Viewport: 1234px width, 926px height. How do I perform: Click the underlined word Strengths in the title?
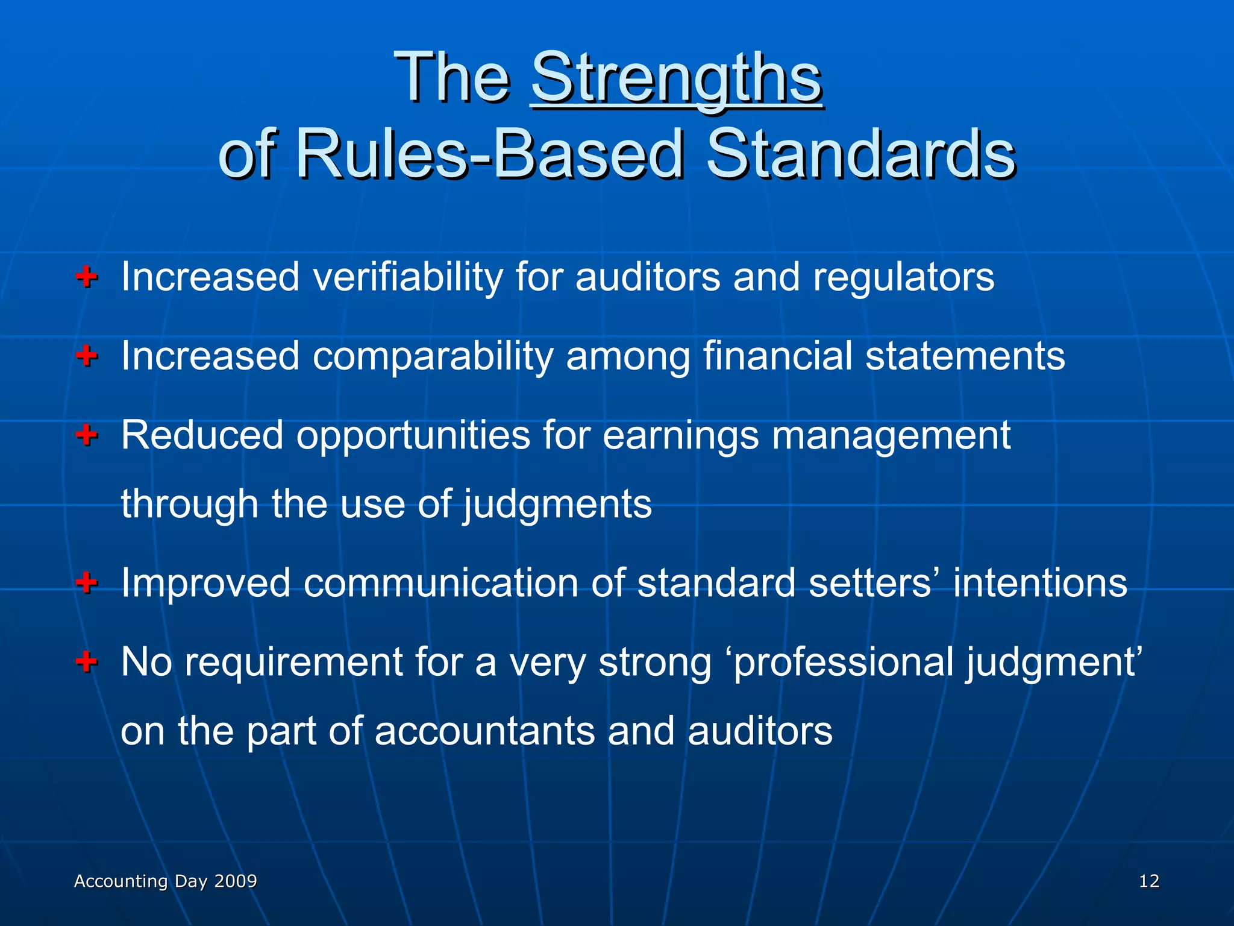[x=676, y=78]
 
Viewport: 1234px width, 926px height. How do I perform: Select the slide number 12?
[x=1148, y=881]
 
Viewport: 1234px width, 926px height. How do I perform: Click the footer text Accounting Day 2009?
[x=165, y=881]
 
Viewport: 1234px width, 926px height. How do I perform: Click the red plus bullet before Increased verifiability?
[x=87, y=277]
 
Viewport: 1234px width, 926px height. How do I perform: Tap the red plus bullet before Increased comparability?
[x=87, y=356]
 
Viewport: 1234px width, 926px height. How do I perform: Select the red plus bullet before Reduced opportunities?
[x=87, y=434]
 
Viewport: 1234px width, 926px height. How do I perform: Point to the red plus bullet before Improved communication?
[x=87, y=582]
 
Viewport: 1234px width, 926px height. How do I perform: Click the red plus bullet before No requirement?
[x=87, y=661]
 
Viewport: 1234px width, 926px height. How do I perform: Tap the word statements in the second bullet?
[x=965, y=356]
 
